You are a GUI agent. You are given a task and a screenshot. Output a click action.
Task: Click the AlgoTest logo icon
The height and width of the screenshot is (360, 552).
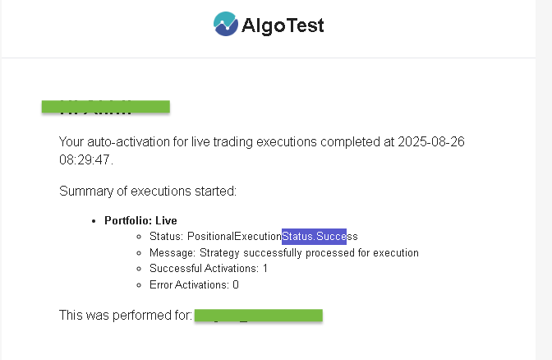[224, 25]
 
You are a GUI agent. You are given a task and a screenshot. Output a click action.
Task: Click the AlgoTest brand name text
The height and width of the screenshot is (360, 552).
[283, 25]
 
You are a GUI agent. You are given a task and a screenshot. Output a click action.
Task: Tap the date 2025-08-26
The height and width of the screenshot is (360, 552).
[431, 141]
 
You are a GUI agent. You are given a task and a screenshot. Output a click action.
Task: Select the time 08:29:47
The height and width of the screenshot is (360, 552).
[85, 159]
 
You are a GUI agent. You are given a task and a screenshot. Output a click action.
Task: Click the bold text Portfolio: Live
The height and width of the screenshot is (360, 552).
[140, 220]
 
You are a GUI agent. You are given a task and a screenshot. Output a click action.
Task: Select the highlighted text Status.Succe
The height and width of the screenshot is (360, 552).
[314, 237]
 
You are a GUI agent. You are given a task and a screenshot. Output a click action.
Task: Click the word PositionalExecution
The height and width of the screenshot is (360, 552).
[234, 237]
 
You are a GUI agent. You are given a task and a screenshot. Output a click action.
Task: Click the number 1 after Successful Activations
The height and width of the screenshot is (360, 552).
[265, 269]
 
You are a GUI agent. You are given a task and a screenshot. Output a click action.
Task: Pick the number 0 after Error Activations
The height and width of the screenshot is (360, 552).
[236, 284]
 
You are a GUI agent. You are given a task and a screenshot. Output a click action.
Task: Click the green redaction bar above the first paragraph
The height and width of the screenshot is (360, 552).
[105, 106]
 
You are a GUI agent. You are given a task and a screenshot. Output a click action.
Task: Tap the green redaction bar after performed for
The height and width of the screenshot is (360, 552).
[259, 315]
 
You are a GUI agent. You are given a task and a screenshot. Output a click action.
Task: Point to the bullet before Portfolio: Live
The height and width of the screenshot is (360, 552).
[97, 221]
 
